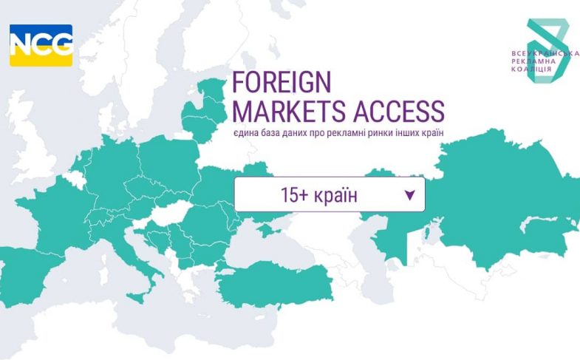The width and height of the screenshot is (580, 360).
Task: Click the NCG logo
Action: click(41, 45)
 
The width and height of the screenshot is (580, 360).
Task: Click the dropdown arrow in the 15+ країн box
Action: click(410, 196)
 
